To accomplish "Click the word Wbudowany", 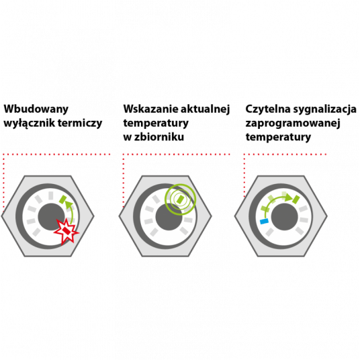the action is (x=36, y=109).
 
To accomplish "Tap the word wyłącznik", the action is (x=29, y=124).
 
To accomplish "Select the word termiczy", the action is (x=80, y=124).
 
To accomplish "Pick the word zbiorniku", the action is (x=159, y=137).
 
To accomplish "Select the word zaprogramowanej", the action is (x=293, y=124).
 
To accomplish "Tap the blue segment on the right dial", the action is (x=264, y=222).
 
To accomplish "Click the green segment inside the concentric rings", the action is (x=180, y=199).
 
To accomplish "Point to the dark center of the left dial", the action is (x=51, y=216).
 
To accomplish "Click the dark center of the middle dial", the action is (x=169, y=216).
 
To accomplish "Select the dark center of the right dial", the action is (x=285, y=216).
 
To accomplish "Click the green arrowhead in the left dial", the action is (x=69, y=204).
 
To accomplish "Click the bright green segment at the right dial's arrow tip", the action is (x=296, y=199).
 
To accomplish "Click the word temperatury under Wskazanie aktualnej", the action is (x=156, y=124).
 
